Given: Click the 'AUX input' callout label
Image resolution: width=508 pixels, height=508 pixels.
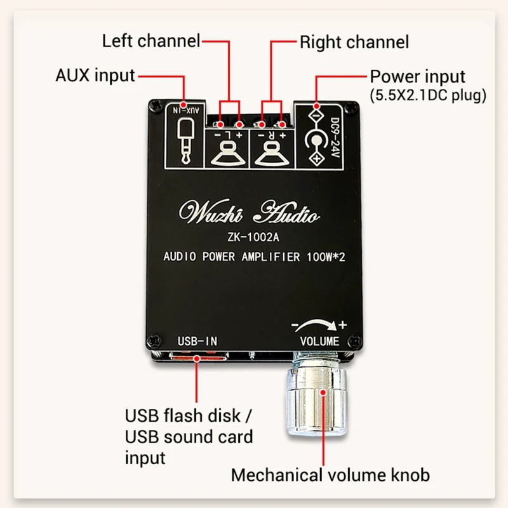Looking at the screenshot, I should (x=95, y=76).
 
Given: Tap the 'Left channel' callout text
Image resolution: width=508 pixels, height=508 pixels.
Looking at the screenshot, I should (x=151, y=43).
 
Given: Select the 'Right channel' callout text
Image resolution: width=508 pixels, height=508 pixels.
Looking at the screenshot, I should (x=354, y=43).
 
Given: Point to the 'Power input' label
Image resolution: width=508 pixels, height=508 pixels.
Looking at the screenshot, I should (x=418, y=77).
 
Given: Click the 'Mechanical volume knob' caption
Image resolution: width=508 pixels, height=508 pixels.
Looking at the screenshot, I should (x=330, y=474).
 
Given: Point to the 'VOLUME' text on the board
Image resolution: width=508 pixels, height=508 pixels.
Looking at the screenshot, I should (x=320, y=341).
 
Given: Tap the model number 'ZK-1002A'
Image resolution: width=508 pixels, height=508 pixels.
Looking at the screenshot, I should (x=248, y=238).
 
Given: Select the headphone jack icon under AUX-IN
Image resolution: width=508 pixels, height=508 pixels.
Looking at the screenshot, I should (x=184, y=141).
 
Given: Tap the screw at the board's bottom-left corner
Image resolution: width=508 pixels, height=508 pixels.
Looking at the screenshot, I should (x=152, y=339).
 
